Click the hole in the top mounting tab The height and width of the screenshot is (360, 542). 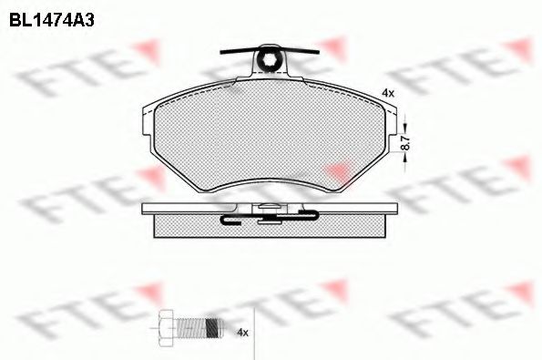(x=270, y=62)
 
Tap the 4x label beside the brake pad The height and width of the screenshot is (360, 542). (x=387, y=93)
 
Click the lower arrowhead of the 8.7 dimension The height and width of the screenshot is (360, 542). (x=405, y=159)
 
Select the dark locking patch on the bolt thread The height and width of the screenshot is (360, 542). (x=211, y=326)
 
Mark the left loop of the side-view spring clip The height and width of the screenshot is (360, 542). (x=229, y=218)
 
